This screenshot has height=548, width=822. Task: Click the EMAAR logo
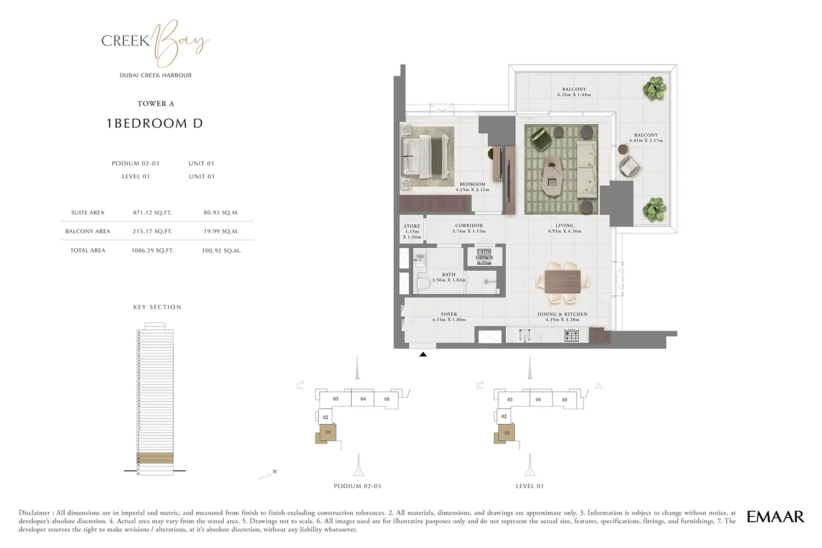pos(775,517)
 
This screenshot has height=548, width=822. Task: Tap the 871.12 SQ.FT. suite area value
pos(152,213)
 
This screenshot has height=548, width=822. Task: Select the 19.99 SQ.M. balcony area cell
pos(221,231)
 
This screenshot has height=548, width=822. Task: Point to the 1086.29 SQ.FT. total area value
pos(152,250)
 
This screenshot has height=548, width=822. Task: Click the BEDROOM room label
pos(472,185)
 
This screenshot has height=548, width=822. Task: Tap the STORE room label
pos(412,226)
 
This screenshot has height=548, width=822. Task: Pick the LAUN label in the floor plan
pos(484,252)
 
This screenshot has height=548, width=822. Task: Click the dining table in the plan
pos(563,282)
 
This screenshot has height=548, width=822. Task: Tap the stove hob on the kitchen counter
pos(572,335)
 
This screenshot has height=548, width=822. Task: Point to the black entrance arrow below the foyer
pos(423,355)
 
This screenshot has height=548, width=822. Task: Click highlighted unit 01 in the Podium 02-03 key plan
pos(328,433)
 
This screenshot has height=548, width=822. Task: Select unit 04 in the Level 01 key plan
pos(538,399)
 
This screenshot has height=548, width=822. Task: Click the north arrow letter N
pos(275,472)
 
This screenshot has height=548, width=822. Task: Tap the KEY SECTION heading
pos(157,307)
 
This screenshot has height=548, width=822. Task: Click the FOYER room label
pos(449,315)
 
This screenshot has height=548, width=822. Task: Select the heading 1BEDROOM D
pos(155,124)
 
